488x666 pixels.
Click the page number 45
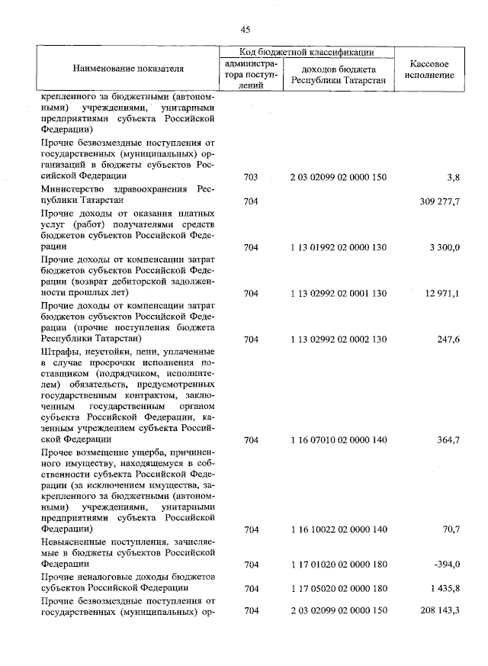(x=245, y=29)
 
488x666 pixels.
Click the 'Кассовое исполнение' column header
(x=432, y=69)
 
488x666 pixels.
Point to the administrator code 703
(x=250, y=177)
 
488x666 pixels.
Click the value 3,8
(x=452, y=177)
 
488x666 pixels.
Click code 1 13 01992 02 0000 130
(x=339, y=247)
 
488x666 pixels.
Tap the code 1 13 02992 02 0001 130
(x=339, y=293)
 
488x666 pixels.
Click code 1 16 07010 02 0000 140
(x=339, y=440)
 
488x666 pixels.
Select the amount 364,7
(x=447, y=440)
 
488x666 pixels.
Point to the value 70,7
(x=449, y=529)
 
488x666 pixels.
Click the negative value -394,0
(x=446, y=564)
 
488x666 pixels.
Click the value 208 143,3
(x=440, y=611)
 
